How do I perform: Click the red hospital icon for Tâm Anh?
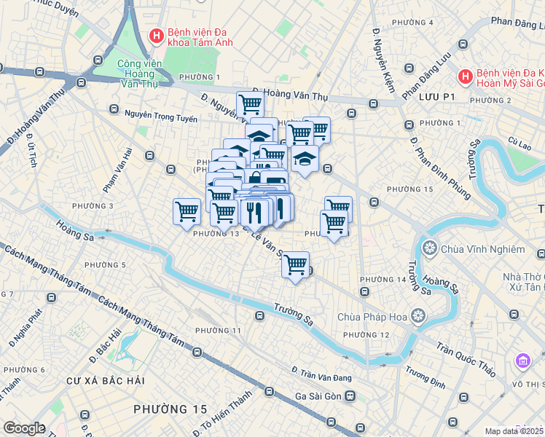click(x=155, y=36)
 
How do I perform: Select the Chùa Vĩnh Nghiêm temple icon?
click(x=429, y=249)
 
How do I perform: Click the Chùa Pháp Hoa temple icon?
click(x=418, y=317)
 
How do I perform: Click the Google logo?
click(x=24, y=428)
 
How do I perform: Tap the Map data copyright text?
click(x=514, y=431)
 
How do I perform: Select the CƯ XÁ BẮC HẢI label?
click(x=106, y=381)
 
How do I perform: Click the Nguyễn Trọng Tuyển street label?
click(x=160, y=114)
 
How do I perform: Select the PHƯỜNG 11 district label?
click(x=218, y=331)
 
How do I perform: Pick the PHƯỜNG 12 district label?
click(x=366, y=334)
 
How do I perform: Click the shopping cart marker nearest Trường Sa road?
click(x=296, y=264)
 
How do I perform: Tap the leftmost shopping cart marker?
click(x=187, y=211)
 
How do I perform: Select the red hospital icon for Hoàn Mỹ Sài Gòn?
click(x=464, y=76)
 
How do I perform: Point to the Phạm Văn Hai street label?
click(x=117, y=169)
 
